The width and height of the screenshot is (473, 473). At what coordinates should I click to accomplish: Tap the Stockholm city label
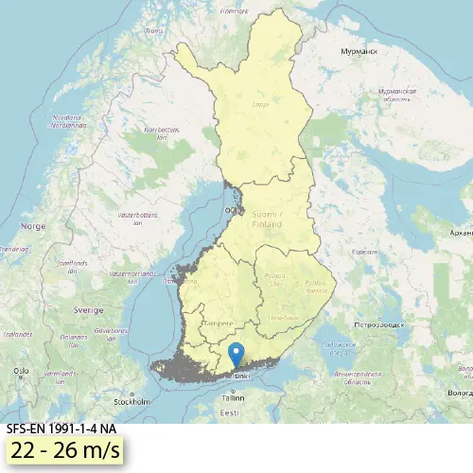132,400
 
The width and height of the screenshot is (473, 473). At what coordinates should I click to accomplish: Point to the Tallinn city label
231,398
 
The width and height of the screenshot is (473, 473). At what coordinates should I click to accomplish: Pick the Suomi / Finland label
268,221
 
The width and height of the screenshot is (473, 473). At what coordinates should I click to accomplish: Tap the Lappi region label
260,106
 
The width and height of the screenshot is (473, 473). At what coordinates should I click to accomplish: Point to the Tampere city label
219,309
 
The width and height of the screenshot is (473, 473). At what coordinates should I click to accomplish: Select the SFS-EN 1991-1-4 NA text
61,429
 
